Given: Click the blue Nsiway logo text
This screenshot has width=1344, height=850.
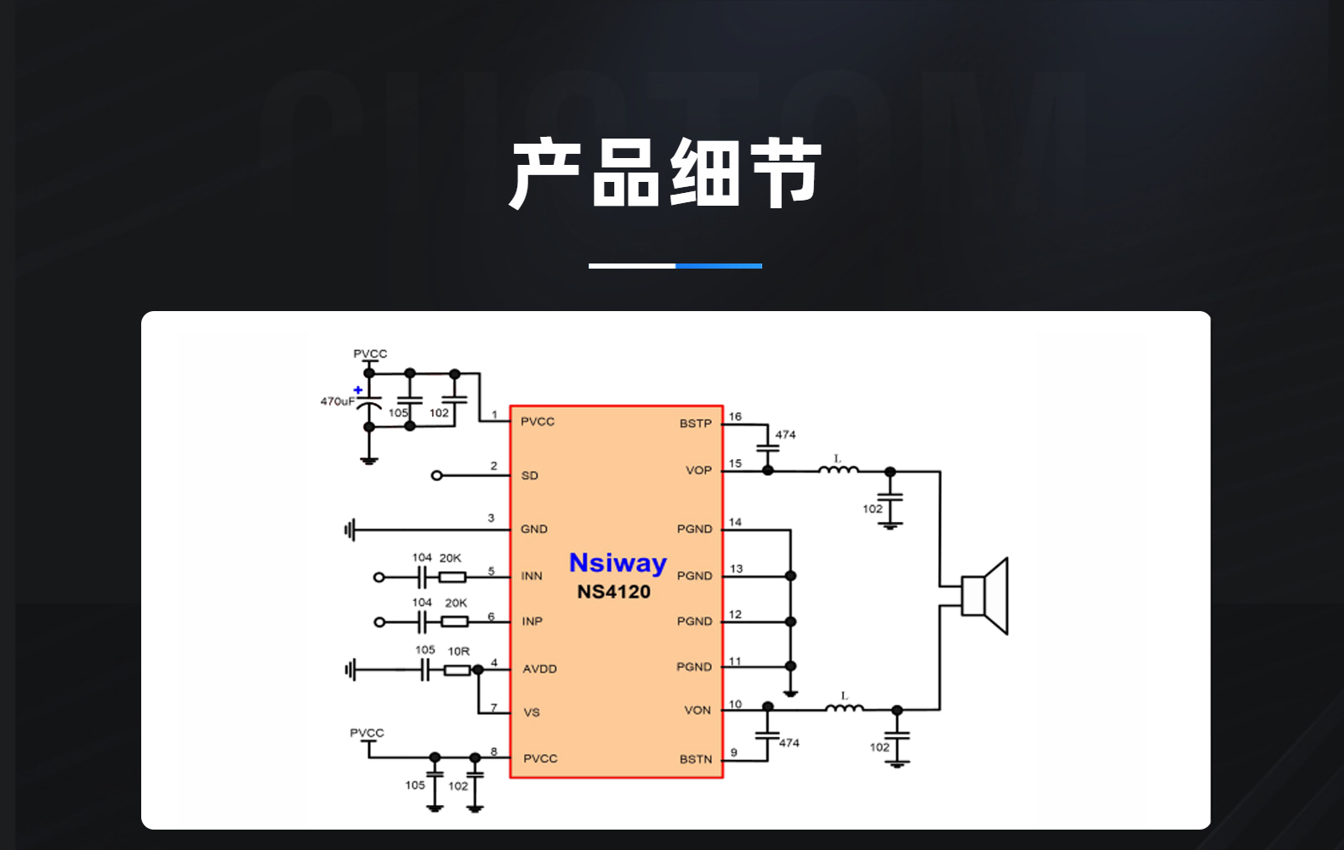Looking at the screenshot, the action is [x=618, y=564].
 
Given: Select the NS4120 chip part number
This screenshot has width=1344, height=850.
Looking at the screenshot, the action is [x=614, y=592].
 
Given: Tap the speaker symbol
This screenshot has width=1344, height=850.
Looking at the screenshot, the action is [x=984, y=596].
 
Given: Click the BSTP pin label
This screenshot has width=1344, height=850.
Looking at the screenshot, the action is [x=696, y=424].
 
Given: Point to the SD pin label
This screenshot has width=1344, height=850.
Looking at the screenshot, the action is [x=529, y=475].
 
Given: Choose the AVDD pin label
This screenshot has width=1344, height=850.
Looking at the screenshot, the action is [x=539, y=669].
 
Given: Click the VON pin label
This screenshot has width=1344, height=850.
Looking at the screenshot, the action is [x=698, y=711].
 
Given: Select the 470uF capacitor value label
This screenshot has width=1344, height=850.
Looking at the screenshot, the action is [x=337, y=401].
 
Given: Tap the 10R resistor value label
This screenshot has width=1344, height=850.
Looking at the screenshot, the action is [x=458, y=652].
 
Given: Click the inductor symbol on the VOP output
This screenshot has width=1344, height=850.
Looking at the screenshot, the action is [x=839, y=469].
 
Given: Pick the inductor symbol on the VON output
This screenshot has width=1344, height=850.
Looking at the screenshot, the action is [x=845, y=707].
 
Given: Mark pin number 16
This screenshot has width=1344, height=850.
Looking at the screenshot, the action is [x=735, y=416].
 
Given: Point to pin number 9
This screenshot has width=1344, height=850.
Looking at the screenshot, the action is [x=733, y=753].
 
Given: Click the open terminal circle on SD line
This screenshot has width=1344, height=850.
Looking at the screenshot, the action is [x=437, y=476].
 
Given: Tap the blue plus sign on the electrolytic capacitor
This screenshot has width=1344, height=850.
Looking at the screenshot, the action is [x=358, y=390].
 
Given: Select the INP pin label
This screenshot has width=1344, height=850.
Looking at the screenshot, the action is [x=532, y=621].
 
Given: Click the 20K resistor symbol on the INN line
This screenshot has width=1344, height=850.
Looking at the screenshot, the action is [x=453, y=577].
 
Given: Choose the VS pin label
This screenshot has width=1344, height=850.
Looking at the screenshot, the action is [x=532, y=713].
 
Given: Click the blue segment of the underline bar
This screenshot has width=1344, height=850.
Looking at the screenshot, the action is [x=719, y=265].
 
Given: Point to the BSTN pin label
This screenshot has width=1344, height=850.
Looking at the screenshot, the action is [x=696, y=760].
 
